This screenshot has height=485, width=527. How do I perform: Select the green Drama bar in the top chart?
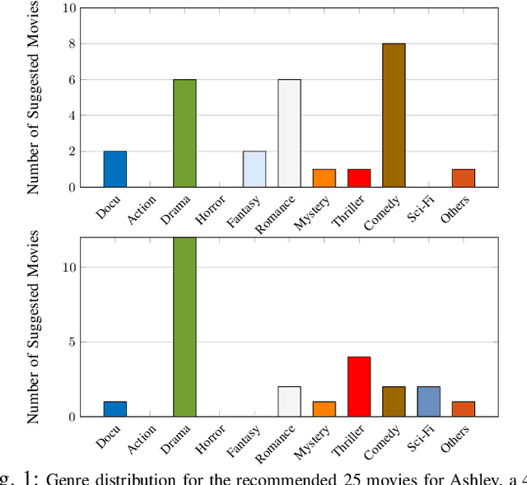pos(184,133)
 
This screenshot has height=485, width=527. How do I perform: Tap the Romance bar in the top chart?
pos(289,133)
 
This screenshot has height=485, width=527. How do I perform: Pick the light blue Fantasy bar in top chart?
pos(254,169)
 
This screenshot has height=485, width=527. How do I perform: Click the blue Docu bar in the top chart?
pos(115,169)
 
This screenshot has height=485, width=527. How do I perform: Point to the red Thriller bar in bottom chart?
pos(359,386)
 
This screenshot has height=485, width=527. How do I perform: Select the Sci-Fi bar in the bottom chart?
pos(428,401)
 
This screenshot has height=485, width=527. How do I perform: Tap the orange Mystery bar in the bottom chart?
pos(324,408)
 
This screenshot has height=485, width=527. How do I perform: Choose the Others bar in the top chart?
pos(463,178)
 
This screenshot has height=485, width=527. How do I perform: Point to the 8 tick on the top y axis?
pos(70,44)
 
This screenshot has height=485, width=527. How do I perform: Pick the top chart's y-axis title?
pos(34,97)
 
